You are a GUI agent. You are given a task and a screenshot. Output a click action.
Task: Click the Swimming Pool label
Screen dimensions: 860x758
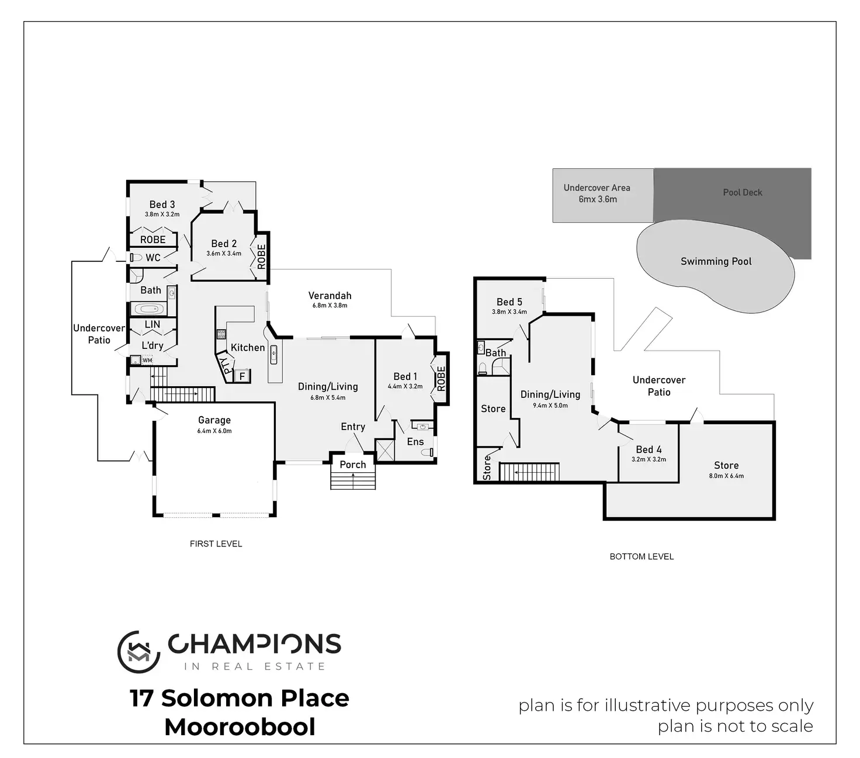[716, 262]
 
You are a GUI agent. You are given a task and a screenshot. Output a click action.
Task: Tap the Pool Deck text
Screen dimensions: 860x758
[743, 192]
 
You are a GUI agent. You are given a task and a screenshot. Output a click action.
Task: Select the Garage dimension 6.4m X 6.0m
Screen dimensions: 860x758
[214, 431]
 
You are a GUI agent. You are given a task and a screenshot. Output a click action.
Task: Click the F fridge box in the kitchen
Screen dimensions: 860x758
[242, 376]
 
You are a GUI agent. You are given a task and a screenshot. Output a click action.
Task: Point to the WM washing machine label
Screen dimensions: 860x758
[147, 361]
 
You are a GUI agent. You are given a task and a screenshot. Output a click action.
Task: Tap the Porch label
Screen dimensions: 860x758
[353, 465]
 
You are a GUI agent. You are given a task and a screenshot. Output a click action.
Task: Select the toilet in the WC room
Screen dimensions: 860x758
[136, 257]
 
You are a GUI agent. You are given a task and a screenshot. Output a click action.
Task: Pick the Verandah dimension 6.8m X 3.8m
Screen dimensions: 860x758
[330, 305]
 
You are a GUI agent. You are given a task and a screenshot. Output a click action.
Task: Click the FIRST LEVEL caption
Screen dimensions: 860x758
[216, 544]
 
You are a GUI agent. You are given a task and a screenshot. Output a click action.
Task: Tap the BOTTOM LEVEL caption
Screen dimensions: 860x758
[641, 557]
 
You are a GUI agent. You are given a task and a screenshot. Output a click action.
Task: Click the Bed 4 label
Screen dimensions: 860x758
[649, 449]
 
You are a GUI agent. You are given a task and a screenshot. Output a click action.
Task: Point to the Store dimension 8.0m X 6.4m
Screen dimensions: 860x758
[726, 476]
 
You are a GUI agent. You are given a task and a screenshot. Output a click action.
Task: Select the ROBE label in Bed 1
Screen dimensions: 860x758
[441, 379]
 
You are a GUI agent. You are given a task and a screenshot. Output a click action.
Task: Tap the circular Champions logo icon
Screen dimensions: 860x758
[138, 652]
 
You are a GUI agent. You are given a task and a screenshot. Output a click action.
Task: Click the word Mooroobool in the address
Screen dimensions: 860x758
[240, 727]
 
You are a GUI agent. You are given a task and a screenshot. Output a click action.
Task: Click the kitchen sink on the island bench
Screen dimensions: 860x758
[274, 355]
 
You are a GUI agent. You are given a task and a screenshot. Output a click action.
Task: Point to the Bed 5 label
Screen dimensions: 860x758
[509, 302]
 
